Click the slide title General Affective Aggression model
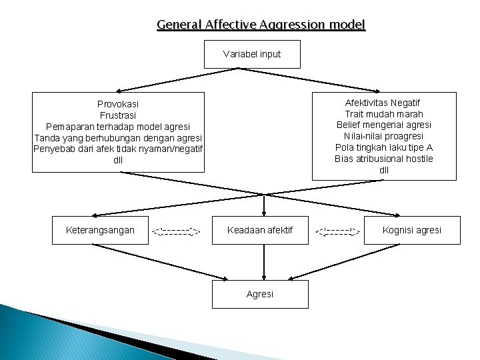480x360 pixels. [261, 25]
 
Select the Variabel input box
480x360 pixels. [252, 54]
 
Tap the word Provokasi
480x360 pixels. [118, 104]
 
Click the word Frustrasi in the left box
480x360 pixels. [118, 115]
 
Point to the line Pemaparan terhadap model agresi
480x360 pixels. [118, 126]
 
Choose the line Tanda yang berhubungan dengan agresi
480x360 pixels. [118, 137]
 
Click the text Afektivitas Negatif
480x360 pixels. [383, 103]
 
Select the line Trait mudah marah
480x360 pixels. [383, 114]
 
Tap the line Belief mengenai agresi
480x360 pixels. [383, 125]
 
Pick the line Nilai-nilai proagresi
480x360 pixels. [383, 136]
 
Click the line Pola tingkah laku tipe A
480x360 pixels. [383, 147]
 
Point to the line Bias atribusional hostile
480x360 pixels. [383, 159]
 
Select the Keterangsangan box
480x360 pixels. [100, 230]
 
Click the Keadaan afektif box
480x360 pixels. [260, 230]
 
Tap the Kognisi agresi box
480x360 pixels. [411, 230]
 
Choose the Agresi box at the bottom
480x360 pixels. [260, 294]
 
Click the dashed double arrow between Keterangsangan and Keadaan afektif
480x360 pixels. [176, 232]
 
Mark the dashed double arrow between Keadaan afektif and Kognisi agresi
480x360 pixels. [338, 232]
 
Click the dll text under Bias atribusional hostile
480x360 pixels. [383, 170]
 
